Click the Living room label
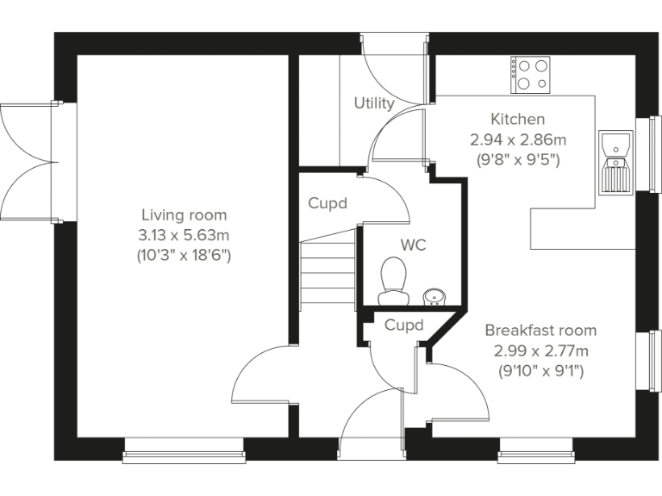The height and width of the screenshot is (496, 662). click(184, 214)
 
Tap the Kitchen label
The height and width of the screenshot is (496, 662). click(517, 119)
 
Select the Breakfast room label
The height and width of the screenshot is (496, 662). click(540, 331)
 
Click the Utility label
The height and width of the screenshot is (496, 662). click(374, 103)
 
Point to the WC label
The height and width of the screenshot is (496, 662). click(414, 245)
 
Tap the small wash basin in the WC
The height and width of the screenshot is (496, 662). click(434, 297)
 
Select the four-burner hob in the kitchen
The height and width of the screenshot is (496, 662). click(531, 74)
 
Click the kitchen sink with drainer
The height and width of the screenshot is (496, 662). click(615, 164)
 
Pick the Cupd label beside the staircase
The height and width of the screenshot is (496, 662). click(328, 204)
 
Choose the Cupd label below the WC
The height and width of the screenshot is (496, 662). click(403, 325)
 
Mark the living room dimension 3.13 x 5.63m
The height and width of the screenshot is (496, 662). click(184, 235)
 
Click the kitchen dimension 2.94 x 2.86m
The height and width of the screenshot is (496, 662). click(518, 139)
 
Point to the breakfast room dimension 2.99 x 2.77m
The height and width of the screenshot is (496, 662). click(541, 351)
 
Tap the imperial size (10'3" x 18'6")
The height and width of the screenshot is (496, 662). click(184, 256)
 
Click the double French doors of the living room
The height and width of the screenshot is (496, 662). click(31, 162)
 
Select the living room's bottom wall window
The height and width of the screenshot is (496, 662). click(184, 444)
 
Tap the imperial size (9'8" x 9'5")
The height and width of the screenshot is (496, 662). click(518, 159)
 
